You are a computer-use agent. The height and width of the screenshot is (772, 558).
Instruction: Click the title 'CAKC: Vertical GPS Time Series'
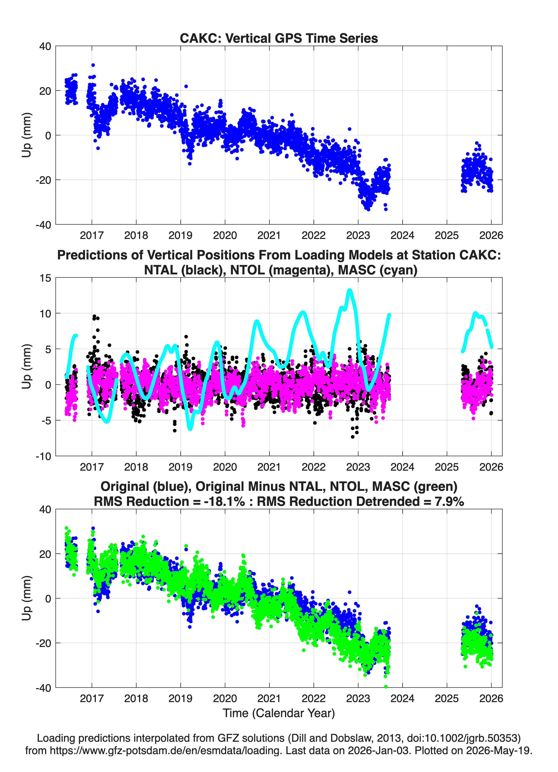[279, 38]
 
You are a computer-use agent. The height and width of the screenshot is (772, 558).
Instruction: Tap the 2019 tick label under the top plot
[180, 235]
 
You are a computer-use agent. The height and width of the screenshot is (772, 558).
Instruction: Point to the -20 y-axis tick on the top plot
[43, 180]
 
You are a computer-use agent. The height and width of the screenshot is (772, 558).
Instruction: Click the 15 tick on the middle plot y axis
[45, 278]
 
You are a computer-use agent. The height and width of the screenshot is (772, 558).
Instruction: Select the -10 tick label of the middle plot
[43, 456]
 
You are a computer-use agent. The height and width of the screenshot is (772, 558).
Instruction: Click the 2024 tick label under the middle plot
[402, 467]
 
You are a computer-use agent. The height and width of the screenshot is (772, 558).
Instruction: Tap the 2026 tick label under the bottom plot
[491, 698]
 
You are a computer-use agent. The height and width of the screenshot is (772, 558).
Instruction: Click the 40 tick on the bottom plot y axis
[45, 509]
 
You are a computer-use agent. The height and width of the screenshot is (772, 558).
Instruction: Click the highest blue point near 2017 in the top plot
[93, 65]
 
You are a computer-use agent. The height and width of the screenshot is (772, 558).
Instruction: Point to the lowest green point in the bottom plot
[386, 687]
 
